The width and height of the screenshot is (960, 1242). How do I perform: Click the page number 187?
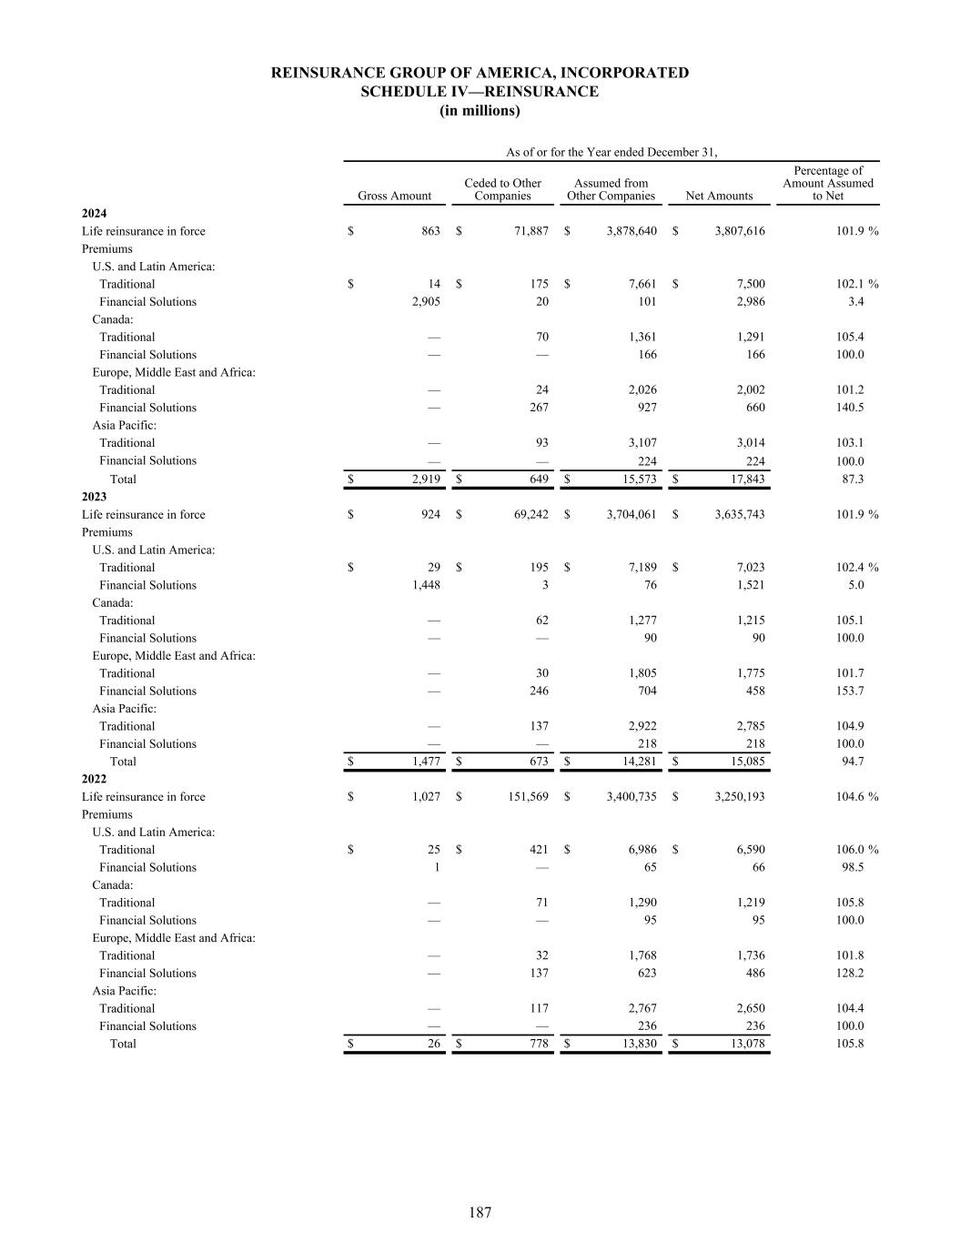[480, 1212]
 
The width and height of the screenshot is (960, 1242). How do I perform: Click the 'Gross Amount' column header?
[394, 196]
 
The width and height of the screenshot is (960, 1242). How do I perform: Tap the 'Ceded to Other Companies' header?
[502, 189]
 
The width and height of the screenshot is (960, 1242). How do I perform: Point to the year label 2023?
[94, 497]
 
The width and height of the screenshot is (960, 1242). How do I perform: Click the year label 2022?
[94, 779]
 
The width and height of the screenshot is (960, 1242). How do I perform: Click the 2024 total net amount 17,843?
[743, 480]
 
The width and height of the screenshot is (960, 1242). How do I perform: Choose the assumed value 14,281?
[635, 762]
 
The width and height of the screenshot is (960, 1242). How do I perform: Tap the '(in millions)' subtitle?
[480, 111]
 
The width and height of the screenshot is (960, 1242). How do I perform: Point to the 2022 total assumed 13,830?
[635, 1044]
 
